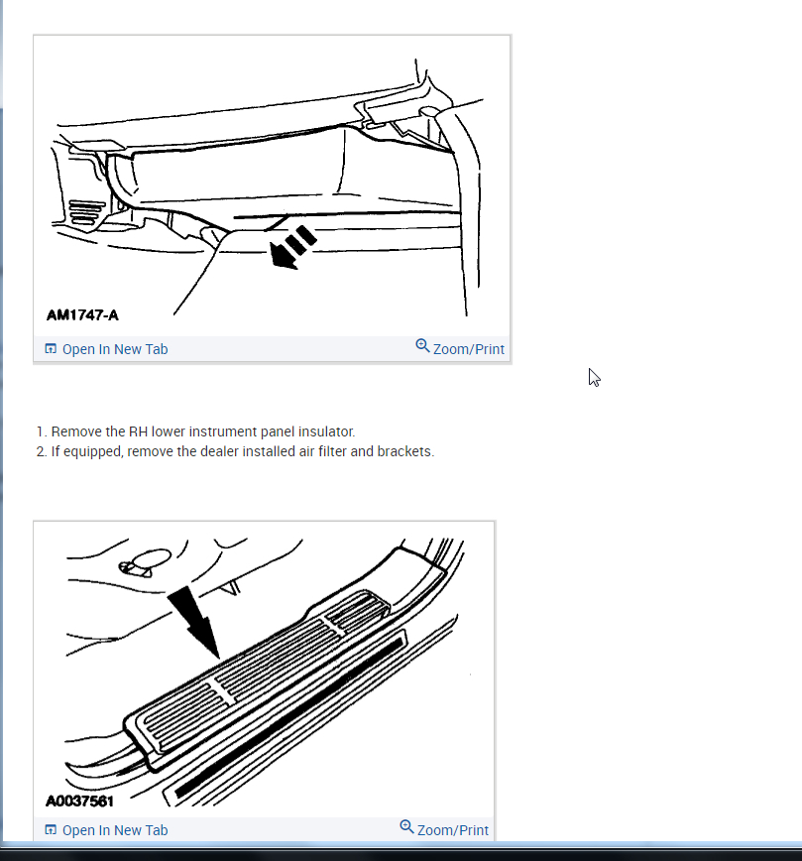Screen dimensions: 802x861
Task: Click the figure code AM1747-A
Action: coord(82,315)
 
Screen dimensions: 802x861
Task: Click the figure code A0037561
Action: coord(79,801)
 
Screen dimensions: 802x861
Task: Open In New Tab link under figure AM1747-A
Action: coord(115,349)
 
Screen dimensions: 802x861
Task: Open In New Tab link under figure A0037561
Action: coord(115,830)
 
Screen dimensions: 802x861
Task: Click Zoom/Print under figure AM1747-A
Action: coord(468,349)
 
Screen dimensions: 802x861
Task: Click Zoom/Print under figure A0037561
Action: coord(452,830)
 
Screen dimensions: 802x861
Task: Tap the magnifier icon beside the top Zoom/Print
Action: coord(422,346)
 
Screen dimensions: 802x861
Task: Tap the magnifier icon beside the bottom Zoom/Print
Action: coord(406,827)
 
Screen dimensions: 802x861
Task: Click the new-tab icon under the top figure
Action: coord(51,349)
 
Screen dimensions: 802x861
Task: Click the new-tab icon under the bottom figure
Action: coord(51,829)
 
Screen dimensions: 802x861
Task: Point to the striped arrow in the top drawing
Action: coord(292,248)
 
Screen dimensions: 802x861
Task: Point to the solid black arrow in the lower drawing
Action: coord(195,622)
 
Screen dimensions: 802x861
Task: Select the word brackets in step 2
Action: coord(405,451)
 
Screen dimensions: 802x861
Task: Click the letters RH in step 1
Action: coord(139,431)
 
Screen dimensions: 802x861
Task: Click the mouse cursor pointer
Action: coord(594,378)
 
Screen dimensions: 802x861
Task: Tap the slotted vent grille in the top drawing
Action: coord(86,213)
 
